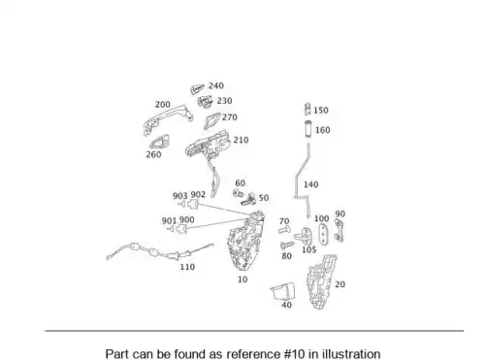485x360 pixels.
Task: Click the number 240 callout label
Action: tap(216, 85)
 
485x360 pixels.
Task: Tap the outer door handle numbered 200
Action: tap(168, 117)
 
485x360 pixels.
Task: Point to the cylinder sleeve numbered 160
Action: tap(307, 128)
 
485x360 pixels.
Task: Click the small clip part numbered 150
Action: tap(307, 109)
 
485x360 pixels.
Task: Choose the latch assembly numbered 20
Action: tap(321, 282)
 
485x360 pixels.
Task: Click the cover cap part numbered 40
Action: tap(282, 291)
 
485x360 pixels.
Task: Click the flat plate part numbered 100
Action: tap(323, 234)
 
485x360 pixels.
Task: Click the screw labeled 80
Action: tap(287, 245)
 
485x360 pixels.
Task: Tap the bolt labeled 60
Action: tap(238, 193)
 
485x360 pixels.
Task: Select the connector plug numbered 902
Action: tap(193, 204)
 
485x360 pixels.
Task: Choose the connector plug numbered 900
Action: tap(182, 229)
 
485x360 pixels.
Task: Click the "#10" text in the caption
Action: tap(295, 354)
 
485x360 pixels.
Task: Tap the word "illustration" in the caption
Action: tap(351, 354)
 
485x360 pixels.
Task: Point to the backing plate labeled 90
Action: tap(339, 230)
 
